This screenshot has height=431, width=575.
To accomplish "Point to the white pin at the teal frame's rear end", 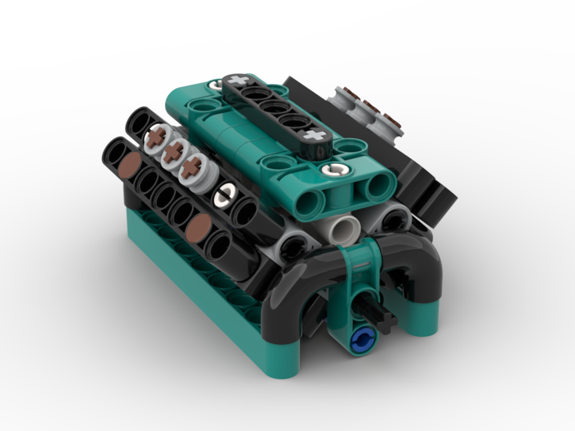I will (216, 84).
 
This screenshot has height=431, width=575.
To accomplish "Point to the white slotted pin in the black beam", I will (224, 196).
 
